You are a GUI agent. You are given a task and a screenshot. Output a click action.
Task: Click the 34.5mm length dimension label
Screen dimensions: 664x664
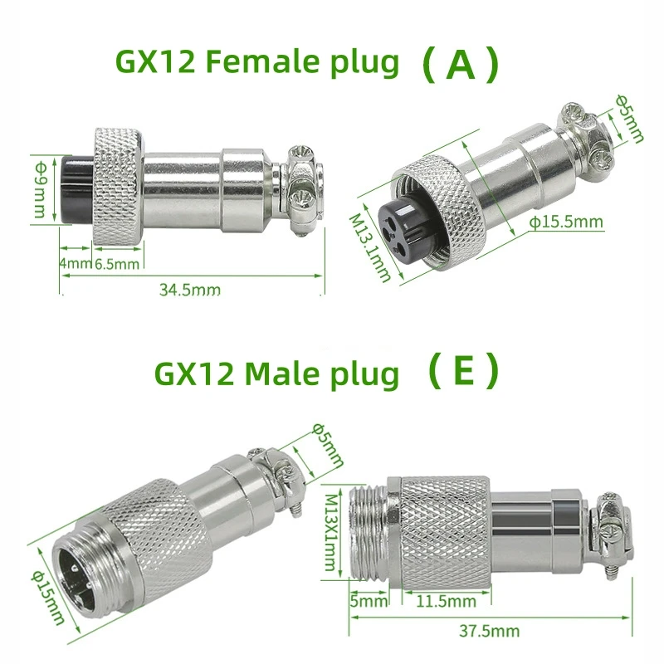(x=189, y=290)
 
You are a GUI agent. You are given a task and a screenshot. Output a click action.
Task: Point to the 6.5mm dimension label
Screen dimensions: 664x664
(x=116, y=264)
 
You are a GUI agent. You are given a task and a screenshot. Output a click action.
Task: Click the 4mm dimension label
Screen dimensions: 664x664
(x=73, y=264)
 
